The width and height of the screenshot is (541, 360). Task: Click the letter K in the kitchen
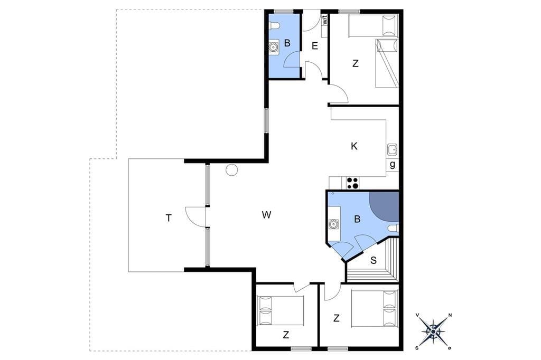click(354, 146)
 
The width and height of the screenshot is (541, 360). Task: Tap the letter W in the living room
click(266, 215)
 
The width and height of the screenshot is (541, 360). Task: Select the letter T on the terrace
click(169, 218)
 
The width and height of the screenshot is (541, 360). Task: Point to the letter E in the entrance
click(315, 46)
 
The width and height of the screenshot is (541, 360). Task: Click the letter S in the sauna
click(374, 260)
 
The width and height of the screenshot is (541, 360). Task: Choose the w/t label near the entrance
click(325, 21)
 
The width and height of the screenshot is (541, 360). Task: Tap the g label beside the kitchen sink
click(393, 165)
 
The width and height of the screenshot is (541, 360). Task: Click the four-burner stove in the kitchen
click(352, 183)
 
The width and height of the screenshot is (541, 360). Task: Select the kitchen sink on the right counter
click(393, 150)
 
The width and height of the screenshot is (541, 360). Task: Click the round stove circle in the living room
click(232, 169)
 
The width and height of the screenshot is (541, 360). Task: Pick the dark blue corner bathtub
click(384, 205)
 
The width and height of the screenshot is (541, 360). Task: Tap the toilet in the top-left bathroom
click(274, 26)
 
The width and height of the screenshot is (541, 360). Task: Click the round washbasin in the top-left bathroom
click(274, 47)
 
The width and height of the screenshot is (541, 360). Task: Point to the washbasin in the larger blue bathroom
click(333, 224)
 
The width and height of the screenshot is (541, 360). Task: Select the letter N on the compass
click(450, 315)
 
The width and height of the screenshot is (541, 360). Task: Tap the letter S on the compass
click(417, 347)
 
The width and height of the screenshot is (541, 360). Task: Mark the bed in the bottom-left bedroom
click(281, 310)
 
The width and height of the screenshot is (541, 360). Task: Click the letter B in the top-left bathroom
click(287, 43)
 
